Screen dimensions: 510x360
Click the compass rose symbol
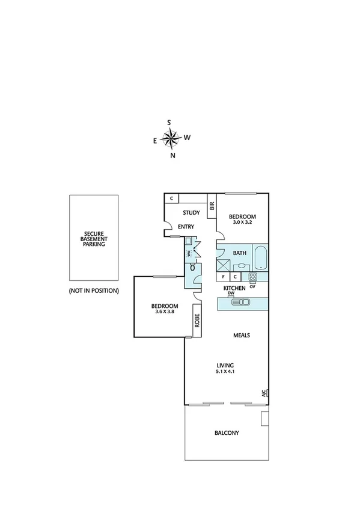point(171,139)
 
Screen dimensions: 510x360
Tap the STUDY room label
point(191,212)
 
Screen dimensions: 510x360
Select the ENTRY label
point(186,227)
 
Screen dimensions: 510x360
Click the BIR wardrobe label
point(212,206)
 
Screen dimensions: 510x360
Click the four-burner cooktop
point(253,277)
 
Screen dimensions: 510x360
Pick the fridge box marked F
point(224,277)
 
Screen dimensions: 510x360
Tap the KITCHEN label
point(234,289)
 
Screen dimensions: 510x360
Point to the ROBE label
point(197,324)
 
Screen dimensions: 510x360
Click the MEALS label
point(242,336)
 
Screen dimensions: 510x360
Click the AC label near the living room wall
point(263,393)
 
